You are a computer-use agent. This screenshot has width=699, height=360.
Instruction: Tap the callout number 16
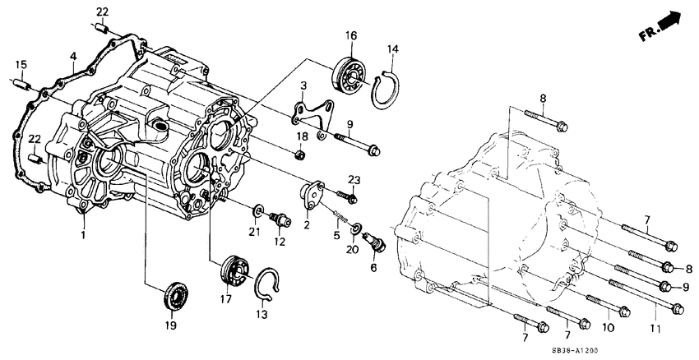[351, 35]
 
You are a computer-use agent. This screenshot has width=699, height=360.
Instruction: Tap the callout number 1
[84, 235]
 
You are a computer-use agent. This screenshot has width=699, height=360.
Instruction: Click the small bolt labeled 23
[350, 196]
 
